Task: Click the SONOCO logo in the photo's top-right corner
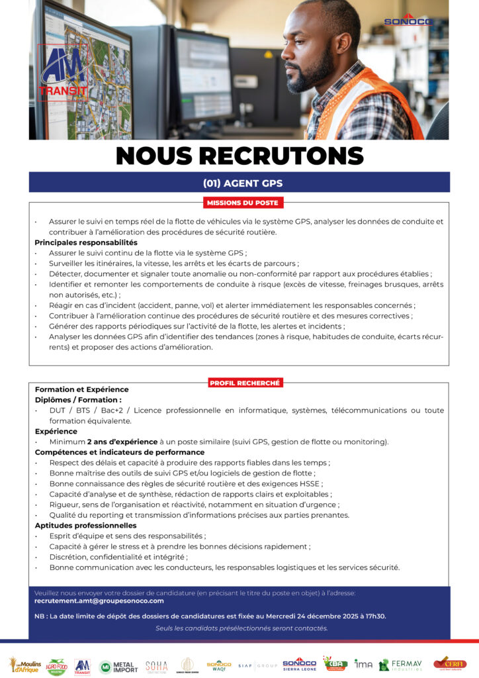[x=407, y=20]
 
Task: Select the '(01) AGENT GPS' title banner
[x=239, y=183]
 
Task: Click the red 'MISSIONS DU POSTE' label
[x=242, y=203]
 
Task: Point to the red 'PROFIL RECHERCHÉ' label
[x=245, y=383]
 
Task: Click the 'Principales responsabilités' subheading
[x=86, y=242]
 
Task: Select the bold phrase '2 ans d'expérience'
[x=122, y=442]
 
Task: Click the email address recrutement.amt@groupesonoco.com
[x=99, y=601]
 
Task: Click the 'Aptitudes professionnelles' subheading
[x=85, y=526]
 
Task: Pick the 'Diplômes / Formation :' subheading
[x=78, y=400]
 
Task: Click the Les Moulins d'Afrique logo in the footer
[x=24, y=665]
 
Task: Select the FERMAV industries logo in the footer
[x=400, y=665]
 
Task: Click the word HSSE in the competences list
[x=309, y=484]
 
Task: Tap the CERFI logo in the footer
[x=449, y=663]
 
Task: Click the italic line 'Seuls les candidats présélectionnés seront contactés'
[x=241, y=628]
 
